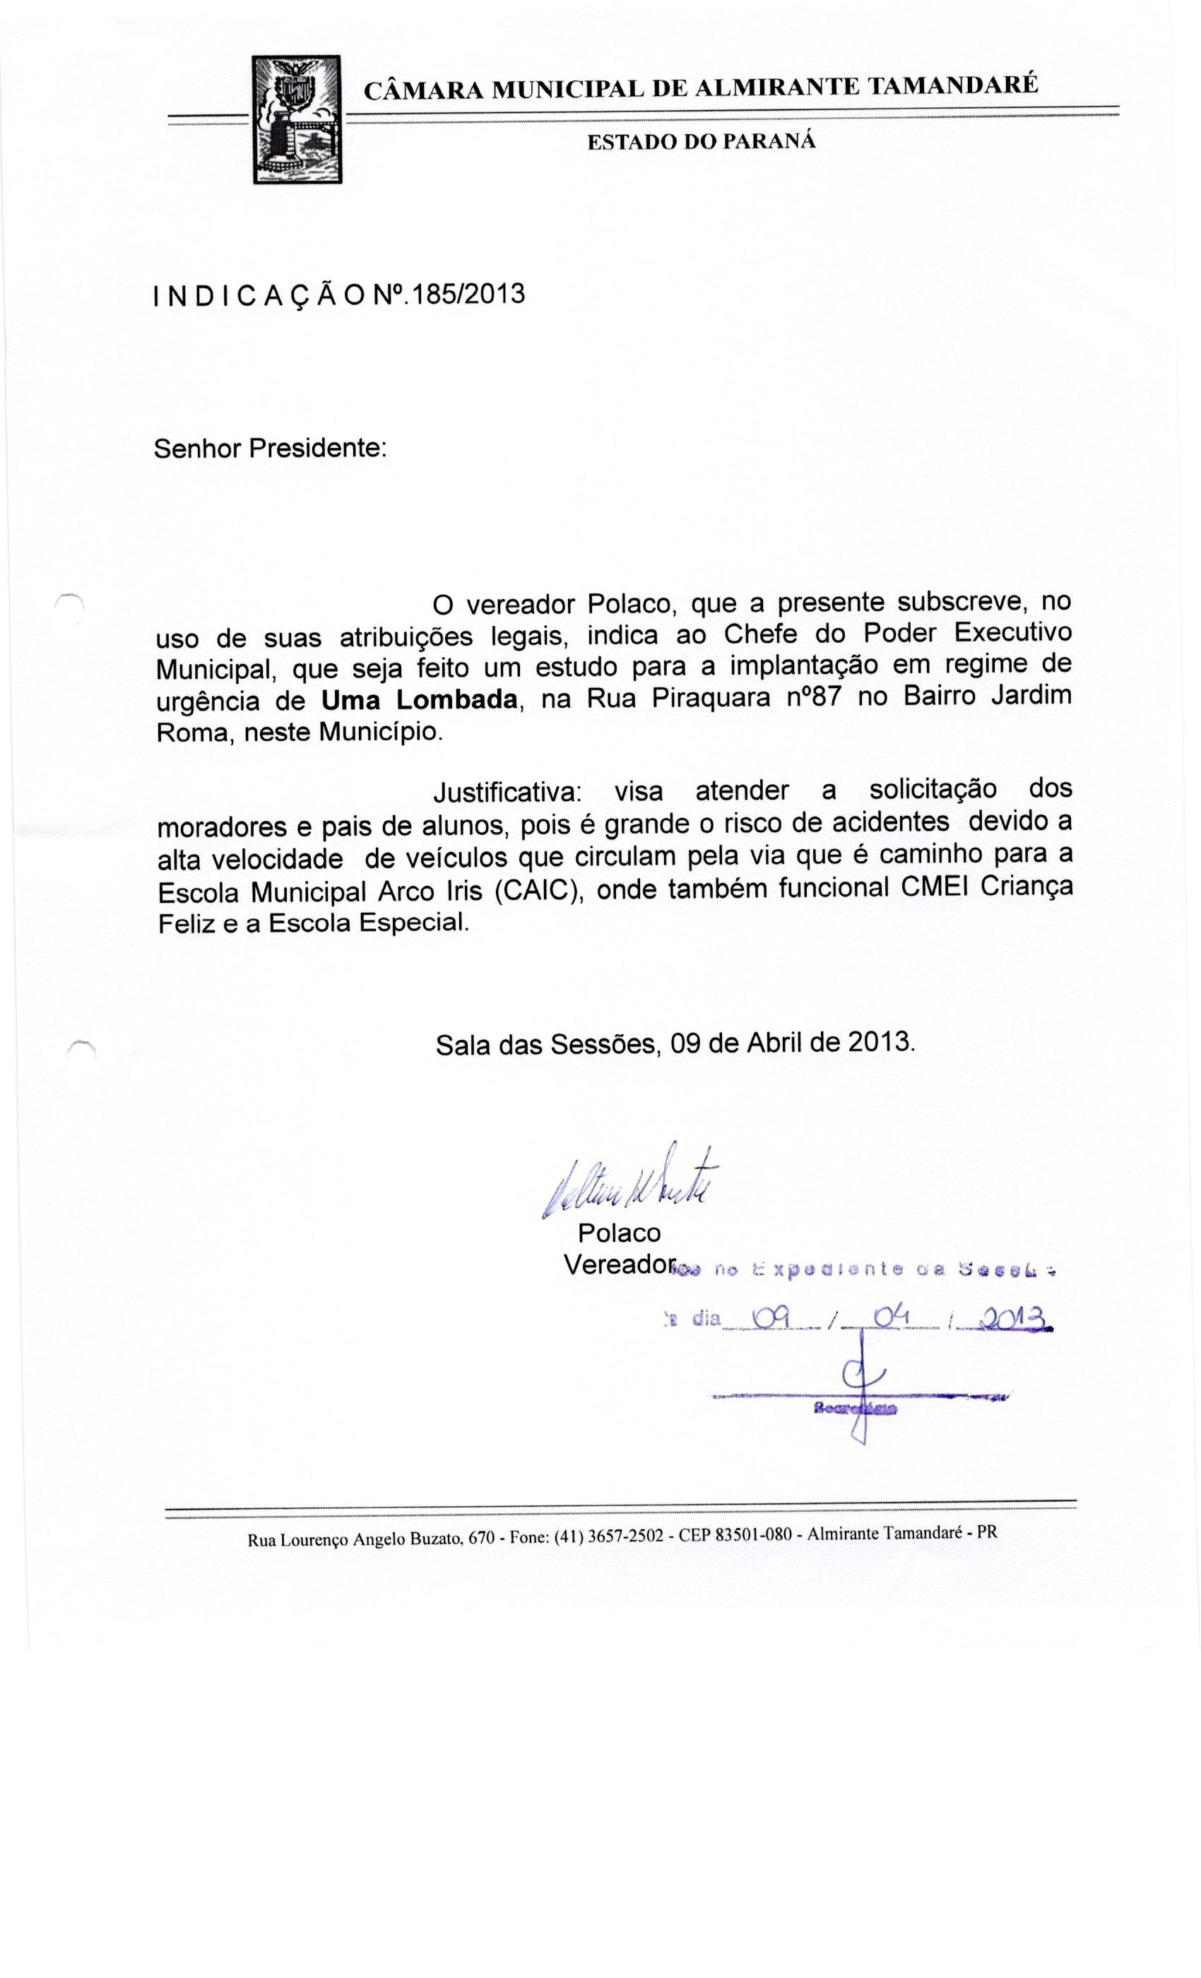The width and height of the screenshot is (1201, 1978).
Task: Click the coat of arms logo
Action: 297,119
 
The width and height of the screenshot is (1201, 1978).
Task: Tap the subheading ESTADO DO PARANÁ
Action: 701,141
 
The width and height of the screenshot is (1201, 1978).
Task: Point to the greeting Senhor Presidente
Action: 271,447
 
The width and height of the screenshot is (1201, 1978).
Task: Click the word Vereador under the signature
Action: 617,1265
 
